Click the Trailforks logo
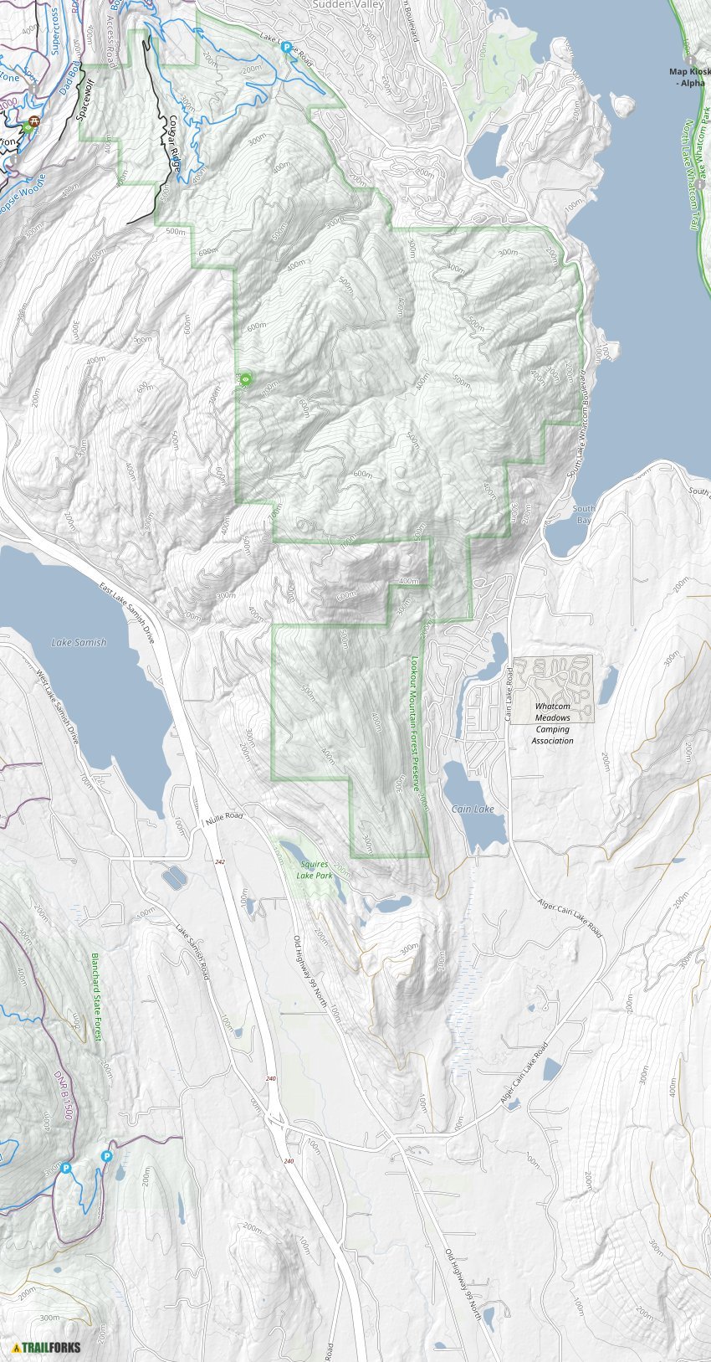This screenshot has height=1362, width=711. (47, 1347)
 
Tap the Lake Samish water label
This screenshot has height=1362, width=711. (79, 643)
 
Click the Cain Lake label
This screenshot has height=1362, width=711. (473, 809)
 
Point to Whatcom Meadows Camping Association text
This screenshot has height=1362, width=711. (553, 723)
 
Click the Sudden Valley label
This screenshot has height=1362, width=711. (347, 5)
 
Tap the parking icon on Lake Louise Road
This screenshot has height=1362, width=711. (286, 49)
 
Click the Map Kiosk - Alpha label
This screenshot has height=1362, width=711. (689, 77)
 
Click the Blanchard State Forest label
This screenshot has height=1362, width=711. (96, 996)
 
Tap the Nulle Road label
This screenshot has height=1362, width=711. (221, 816)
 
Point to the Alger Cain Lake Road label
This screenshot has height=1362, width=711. (570, 918)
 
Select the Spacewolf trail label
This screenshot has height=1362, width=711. (87, 97)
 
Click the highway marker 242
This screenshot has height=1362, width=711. (219, 862)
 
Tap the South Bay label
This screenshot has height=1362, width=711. (584, 514)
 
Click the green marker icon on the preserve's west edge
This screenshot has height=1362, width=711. (245, 380)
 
